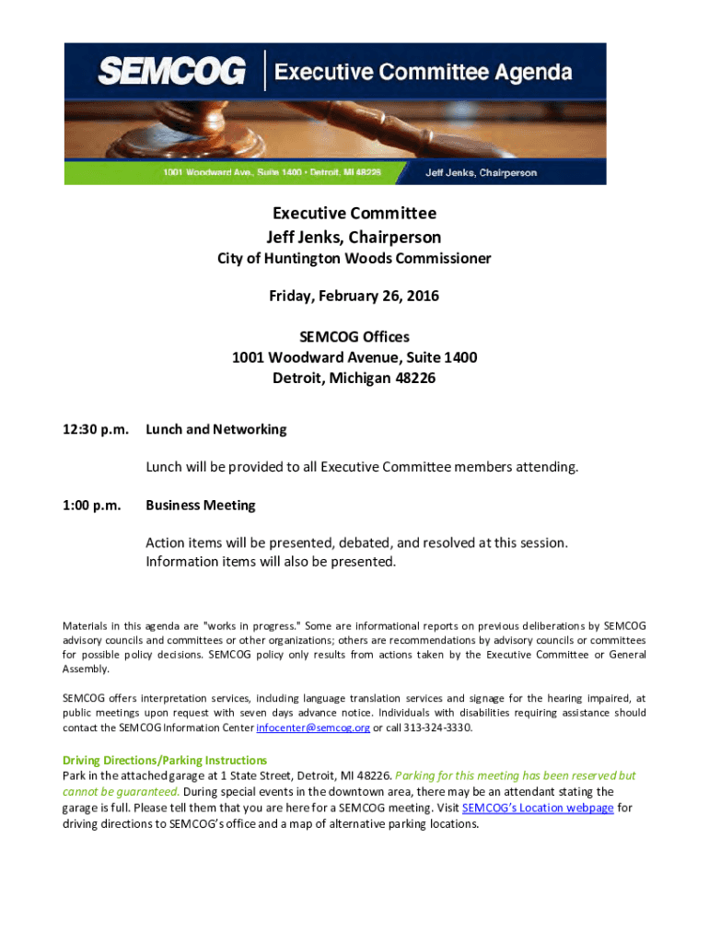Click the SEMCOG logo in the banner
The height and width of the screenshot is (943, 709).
coord(171,71)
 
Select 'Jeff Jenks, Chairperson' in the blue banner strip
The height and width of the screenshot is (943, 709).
coord(481,172)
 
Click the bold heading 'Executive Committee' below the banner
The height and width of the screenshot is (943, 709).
coord(354,214)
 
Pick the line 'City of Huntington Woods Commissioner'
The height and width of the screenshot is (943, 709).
coord(354,259)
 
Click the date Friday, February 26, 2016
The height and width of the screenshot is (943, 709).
coord(354,297)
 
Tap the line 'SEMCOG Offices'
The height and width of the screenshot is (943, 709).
coord(354,337)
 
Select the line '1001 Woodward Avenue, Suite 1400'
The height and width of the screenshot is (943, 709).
coord(354,357)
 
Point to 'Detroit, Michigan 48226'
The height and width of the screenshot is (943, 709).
coord(354,378)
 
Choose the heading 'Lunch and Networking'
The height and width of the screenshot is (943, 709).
coord(215,429)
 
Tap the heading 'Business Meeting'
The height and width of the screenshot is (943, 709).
coord(200,505)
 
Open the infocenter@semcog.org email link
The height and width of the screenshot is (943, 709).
coord(313,728)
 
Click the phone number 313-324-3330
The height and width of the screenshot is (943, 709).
coord(433,728)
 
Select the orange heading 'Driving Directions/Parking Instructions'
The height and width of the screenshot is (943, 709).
coord(165,761)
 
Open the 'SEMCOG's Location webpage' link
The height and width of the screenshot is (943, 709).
coord(538,809)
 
